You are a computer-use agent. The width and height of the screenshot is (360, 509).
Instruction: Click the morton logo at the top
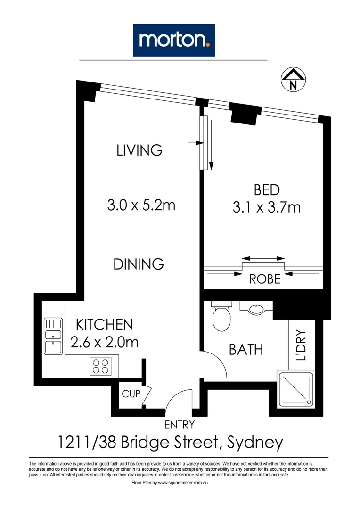[x=174, y=40]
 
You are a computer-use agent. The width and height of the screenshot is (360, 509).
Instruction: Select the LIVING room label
[x=139, y=150]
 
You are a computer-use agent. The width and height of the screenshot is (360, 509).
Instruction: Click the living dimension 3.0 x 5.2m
[x=141, y=205]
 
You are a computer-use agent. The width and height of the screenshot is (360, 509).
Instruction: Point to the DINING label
[x=139, y=264]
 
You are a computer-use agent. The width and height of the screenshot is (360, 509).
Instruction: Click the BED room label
[x=267, y=190]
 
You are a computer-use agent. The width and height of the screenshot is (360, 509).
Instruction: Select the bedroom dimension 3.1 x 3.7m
[x=267, y=207]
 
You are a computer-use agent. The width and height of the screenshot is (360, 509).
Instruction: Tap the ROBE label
[x=264, y=279]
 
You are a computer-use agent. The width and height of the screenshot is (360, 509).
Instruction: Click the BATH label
[x=245, y=350]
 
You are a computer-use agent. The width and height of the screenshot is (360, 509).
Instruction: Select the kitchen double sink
[x=53, y=336]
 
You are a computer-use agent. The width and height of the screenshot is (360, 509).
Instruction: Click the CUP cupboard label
[x=131, y=394]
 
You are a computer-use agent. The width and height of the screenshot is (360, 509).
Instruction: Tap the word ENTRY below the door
[x=179, y=425]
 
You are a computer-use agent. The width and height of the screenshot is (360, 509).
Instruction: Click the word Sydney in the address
[x=255, y=443]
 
